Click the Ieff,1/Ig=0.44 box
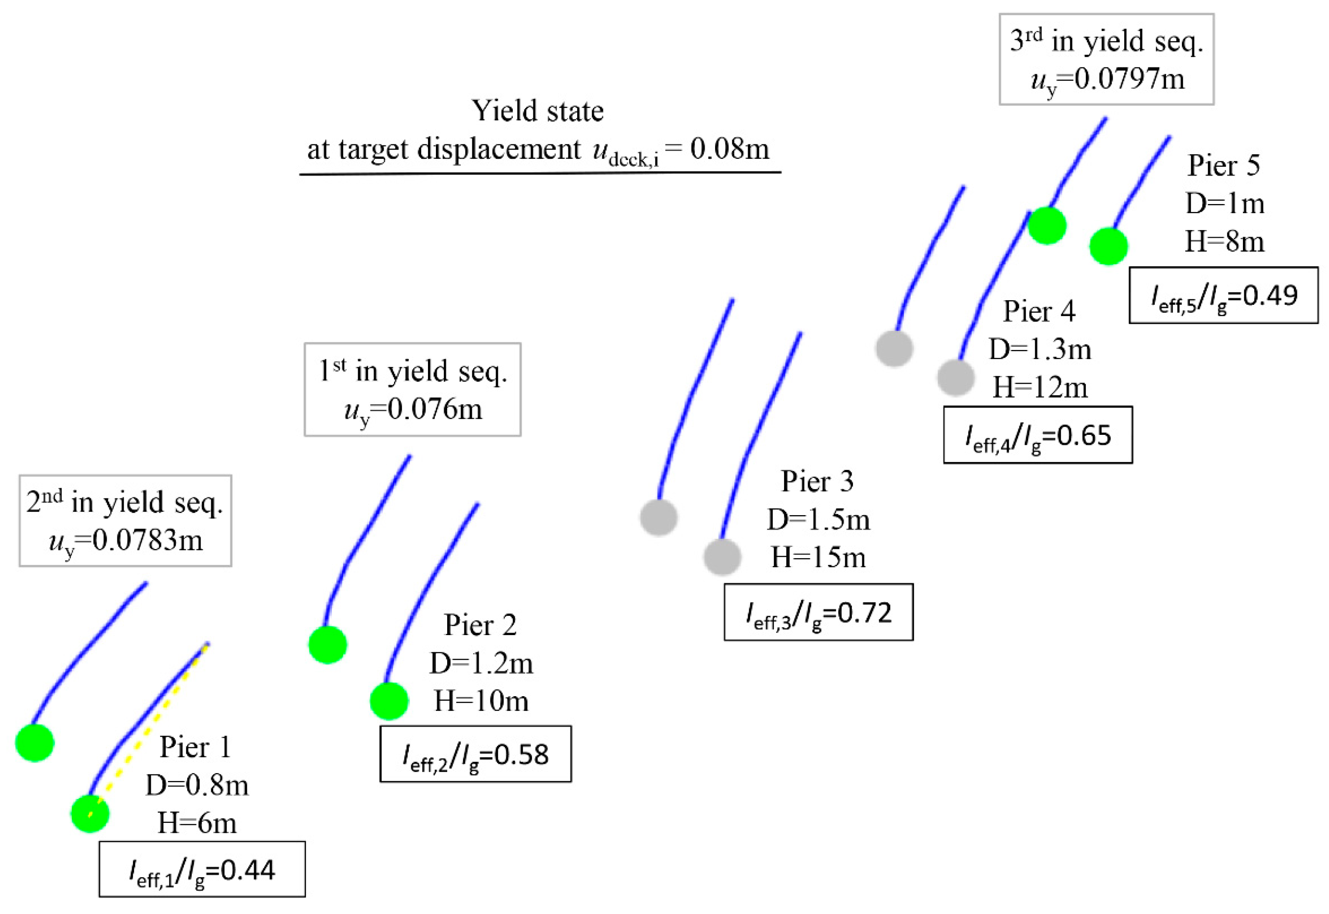[201, 869]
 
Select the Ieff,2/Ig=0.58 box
[476, 753]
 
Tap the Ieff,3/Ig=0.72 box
[818, 612]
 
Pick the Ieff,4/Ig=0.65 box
[1038, 435]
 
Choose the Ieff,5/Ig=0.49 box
[1223, 295]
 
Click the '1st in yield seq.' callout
[412, 389]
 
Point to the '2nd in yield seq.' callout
[125, 521]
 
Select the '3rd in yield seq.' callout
[1106, 59]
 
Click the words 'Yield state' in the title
[537, 110]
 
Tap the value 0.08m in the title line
[729, 149]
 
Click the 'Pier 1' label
[195, 747]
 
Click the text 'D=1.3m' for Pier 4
[1039, 349]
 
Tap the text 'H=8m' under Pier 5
[1224, 241]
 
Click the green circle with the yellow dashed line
[90, 813]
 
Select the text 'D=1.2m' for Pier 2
[481, 663]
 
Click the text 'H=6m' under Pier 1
[196, 823]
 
